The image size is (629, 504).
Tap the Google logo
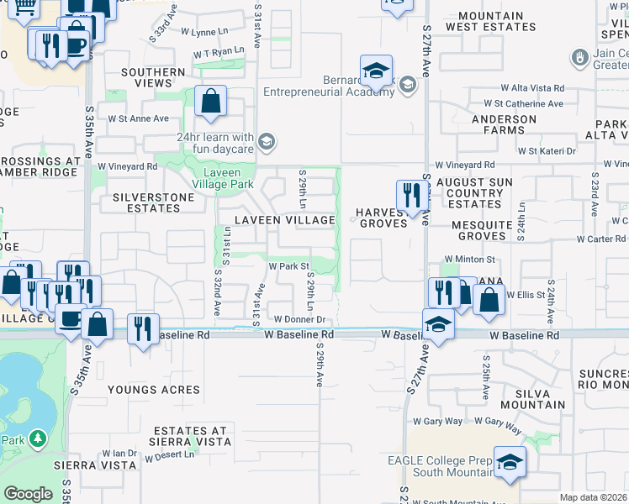[x=28, y=494]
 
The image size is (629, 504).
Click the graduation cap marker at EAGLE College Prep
[x=509, y=463]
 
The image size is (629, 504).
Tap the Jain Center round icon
[x=579, y=58]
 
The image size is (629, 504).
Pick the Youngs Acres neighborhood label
[x=154, y=390]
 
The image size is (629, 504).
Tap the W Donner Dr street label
[x=299, y=320]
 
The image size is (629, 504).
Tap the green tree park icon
[x=37, y=438]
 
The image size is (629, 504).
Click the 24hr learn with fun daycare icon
[x=267, y=141]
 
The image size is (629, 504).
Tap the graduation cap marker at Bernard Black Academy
[x=377, y=71]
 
